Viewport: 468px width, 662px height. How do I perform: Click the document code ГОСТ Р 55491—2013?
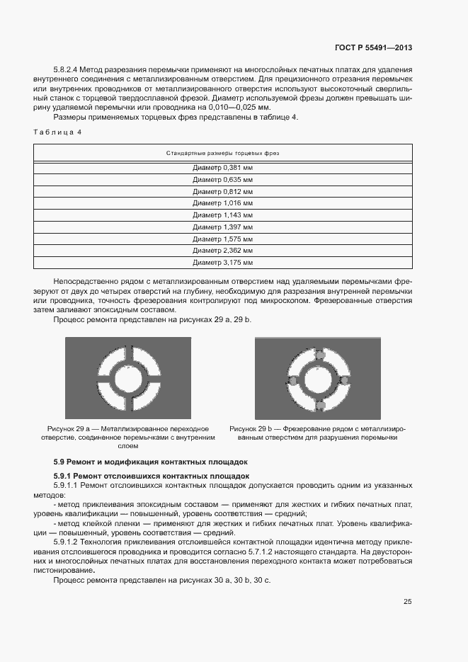[x=373, y=47]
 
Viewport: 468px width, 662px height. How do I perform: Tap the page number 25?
[x=407, y=602]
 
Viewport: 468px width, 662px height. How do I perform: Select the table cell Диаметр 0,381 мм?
[x=223, y=168]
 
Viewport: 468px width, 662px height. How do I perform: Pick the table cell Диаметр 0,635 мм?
[x=223, y=180]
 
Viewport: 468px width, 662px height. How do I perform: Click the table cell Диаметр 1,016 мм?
[x=223, y=203]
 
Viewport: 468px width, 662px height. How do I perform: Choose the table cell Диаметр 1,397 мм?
[x=223, y=227]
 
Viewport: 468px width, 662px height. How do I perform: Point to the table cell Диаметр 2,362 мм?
[x=223, y=251]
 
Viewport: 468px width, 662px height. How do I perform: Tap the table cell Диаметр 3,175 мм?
[x=223, y=263]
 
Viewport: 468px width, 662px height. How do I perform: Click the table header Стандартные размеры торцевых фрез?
[x=223, y=153]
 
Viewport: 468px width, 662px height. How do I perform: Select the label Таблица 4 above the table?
[x=57, y=132]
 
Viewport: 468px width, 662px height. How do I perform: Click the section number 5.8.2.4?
[x=66, y=69]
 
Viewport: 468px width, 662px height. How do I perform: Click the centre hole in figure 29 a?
[x=128, y=378]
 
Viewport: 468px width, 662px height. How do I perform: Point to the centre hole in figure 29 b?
[x=319, y=378]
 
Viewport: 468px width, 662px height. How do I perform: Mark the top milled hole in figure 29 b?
[x=319, y=353]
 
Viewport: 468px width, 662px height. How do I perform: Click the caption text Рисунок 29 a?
[x=72, y=429]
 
